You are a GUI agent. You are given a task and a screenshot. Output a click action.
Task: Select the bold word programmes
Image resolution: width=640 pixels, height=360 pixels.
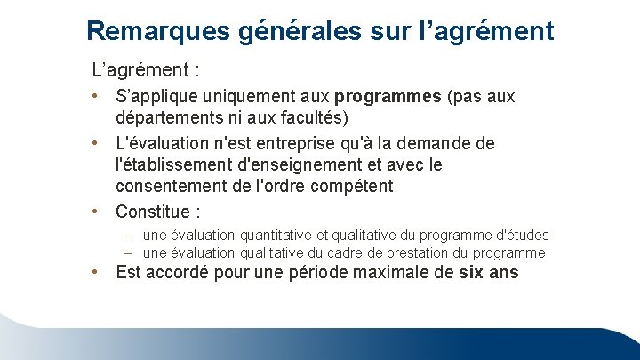click(x=385, y=97)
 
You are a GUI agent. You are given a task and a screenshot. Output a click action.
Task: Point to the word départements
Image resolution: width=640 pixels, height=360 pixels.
click(x=172, y=118)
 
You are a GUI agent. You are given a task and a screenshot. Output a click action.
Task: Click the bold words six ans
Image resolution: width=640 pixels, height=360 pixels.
click(x=489, y=273)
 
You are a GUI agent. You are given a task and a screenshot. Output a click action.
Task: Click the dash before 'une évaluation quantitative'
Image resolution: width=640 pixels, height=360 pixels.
click(x=130, y=236)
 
